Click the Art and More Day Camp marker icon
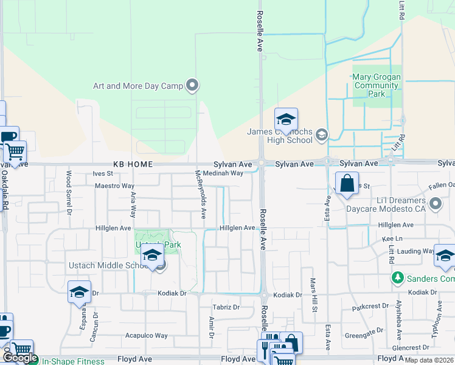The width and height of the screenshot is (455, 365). [193, 85]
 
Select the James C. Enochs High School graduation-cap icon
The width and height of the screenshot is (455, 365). [285, 119]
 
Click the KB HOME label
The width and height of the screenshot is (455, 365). [132, 164]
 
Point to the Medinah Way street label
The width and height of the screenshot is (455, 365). [223, 173]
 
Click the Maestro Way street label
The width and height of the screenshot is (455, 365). [114, 186]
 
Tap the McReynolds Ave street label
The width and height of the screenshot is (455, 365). [200, 195]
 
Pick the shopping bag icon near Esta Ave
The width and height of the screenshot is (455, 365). [346, 183]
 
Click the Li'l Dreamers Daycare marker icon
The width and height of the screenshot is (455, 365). [435, 204]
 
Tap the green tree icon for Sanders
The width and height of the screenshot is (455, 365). [397, 278]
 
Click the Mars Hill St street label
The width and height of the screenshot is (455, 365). [314, 296]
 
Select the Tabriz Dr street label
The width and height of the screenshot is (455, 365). [226, 307]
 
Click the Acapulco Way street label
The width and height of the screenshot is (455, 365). [146, 335]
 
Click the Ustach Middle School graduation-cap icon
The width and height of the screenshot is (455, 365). [152, 256]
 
